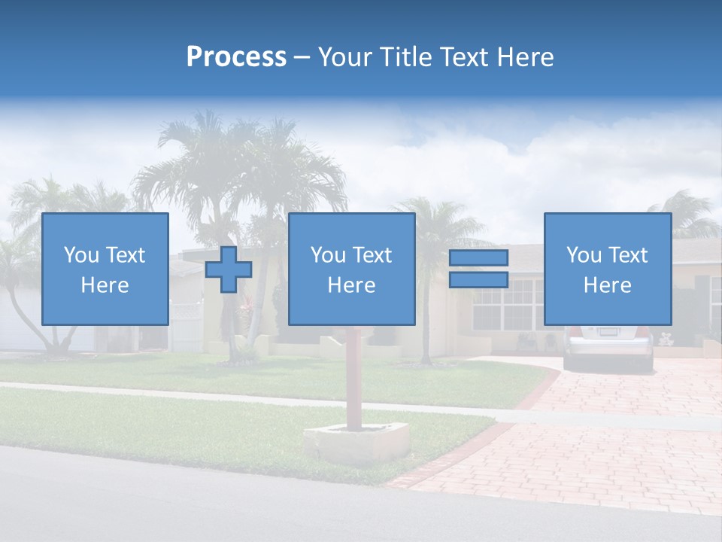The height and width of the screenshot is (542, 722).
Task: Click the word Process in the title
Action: point(236,57)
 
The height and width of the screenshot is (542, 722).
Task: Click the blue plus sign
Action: point(229,269)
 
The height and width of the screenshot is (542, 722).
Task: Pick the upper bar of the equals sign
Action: point(478,257)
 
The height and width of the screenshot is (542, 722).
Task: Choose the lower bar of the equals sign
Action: point(478,280)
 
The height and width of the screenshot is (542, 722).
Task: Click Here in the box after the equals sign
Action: point(607,285)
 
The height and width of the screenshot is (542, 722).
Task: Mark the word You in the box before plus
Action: point(80,255)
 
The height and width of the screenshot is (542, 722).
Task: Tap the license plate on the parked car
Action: point(606,332)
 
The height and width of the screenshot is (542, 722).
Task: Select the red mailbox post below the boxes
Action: point(353,376)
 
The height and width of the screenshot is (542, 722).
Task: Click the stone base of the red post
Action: point(356,443)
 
